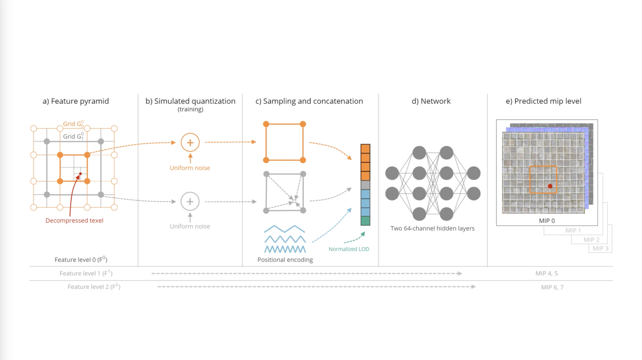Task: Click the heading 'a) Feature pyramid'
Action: (x=76, y=101)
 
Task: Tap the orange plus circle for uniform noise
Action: (x=190, y=143)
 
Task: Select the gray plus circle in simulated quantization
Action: (x=190, y=201)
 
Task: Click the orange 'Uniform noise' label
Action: (x=190, y=168)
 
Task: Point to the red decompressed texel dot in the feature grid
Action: (x=80, y=174)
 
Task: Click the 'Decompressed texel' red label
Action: (x=74, y=220)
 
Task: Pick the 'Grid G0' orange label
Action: (x=73, y=124)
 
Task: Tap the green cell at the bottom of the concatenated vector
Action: (x=365, y=221)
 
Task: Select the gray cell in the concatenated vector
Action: (x=365, y=185)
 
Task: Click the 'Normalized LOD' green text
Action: (x=349, y=249)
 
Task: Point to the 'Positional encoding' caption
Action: (x=285, y=260)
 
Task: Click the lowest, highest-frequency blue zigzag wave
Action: (x=285, y=249)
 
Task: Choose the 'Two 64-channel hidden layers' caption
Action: (x=432, y=228)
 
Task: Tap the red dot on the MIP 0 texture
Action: (x=550, y=186)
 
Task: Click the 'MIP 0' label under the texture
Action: (x=547, y=221)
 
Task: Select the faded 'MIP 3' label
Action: (x=600, y=248)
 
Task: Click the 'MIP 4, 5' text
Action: (x=546, y=273)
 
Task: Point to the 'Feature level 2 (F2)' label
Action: (x=94, y=287)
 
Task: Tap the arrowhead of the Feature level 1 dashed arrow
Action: (x=460, y=273)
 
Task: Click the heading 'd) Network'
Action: (x=431, y=101)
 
